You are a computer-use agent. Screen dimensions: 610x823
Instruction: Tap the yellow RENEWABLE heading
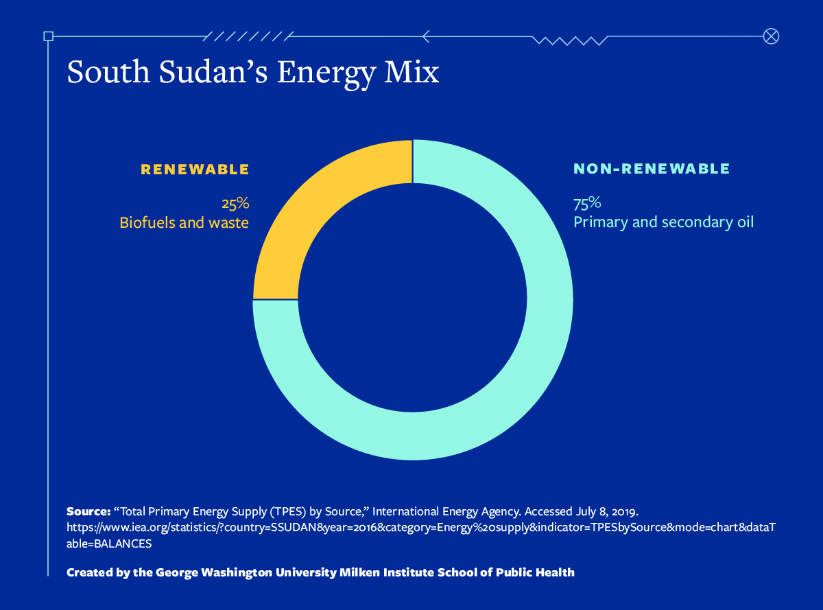pyautogui.click(x=195, y=169)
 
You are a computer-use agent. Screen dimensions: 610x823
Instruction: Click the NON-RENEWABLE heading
pyautogui.click(x=652, y=169)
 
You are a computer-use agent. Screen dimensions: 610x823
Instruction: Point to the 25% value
pyautogui.click(x=235, y=204)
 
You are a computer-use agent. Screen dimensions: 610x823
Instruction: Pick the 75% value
pyautogui.click(x=587, y=204)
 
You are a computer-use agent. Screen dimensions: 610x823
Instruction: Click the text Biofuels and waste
pyautogui.click(x=184, y=223)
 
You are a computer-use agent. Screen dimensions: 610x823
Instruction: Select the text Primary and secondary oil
pyautogui.click(x=663, y=223)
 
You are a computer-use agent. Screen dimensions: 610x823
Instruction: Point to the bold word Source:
pyautogui.click(x=88, y=512)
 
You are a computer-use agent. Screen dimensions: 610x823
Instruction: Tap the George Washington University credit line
pyautogui.click(x=320, y=572)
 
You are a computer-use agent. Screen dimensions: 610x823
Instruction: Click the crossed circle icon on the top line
pyautogui.click(x=771, y=36)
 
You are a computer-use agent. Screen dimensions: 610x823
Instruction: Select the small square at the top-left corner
pyautogui.click(x=48, y=36)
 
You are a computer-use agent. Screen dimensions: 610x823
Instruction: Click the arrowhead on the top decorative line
pyautogui.click(x=427, y=36)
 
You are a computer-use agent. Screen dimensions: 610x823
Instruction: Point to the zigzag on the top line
pyautogui.click(x=569, y=40)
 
